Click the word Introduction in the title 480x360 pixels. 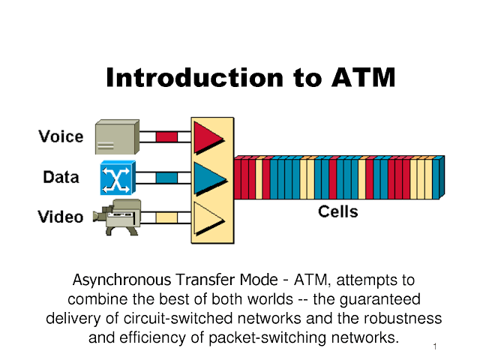[195, 77]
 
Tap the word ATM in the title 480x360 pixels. [363, 77]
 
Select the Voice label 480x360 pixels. [61, 136]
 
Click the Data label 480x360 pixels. [61, 177]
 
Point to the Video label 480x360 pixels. [61, 217]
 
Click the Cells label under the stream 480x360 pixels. [338, 211]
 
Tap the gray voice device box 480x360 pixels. [117, 136]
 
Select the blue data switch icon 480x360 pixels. [118, 178]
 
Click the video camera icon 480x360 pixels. [117, 217]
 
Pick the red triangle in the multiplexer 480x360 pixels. [208, 138]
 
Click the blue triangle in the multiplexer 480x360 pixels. [210, 178]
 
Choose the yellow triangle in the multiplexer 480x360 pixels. [209, 218]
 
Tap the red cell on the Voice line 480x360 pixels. [166, 136]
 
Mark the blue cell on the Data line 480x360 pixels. [166, 178]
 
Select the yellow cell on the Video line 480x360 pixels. [166, 218]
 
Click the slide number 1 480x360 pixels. [435, 346]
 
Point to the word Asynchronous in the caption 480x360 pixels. [121, 280]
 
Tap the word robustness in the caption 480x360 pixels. [403, 318]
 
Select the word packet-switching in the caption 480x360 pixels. [268, 338]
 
